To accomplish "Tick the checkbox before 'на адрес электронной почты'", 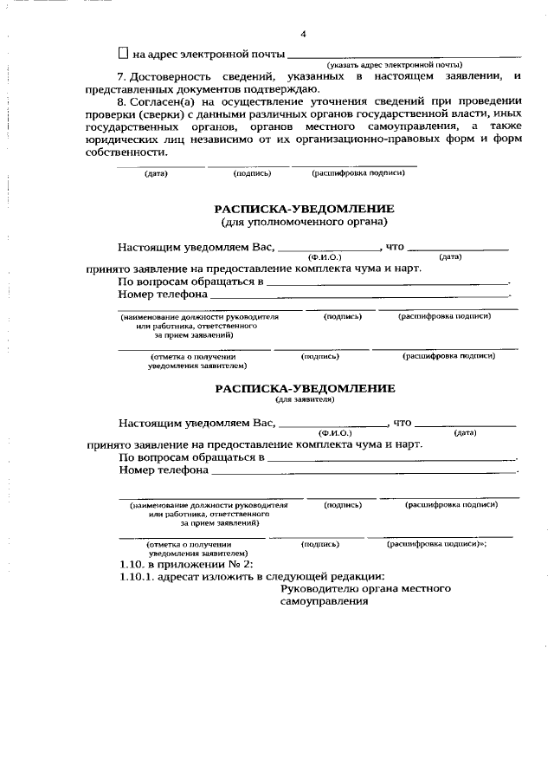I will (x=123, y=54).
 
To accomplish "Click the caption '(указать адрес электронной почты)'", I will (x=394, y=65).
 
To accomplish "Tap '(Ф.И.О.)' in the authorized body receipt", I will (x=325, y=256).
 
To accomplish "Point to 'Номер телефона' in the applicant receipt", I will (x=163, y=470).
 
